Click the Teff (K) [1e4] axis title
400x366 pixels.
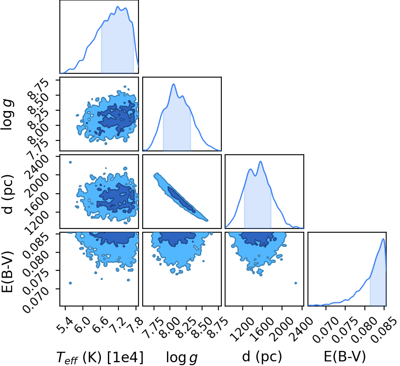pyautogui.click(x=100, y=357)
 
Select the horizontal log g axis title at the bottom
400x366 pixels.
pyautogui.click(x=182, y=357)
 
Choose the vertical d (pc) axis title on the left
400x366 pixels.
pyautogui.click(x=8, y=195)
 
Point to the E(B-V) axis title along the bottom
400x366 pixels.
pyautogui.click(x=345, y=356)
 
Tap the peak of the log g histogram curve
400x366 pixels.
pyautogui.click(x=174, y=84)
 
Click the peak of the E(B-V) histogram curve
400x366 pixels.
pyautogui.click(x=383, y=239)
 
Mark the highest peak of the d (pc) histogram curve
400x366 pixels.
pyautogui.click(x=260, y=161)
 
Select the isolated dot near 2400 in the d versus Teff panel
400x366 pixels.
pyautogui.click(x=70, y=162)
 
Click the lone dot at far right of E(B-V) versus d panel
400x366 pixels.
pyautogui.click(x=296, y=283)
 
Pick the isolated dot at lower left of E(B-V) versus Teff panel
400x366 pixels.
pyautogui.click(x=70, y=283)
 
